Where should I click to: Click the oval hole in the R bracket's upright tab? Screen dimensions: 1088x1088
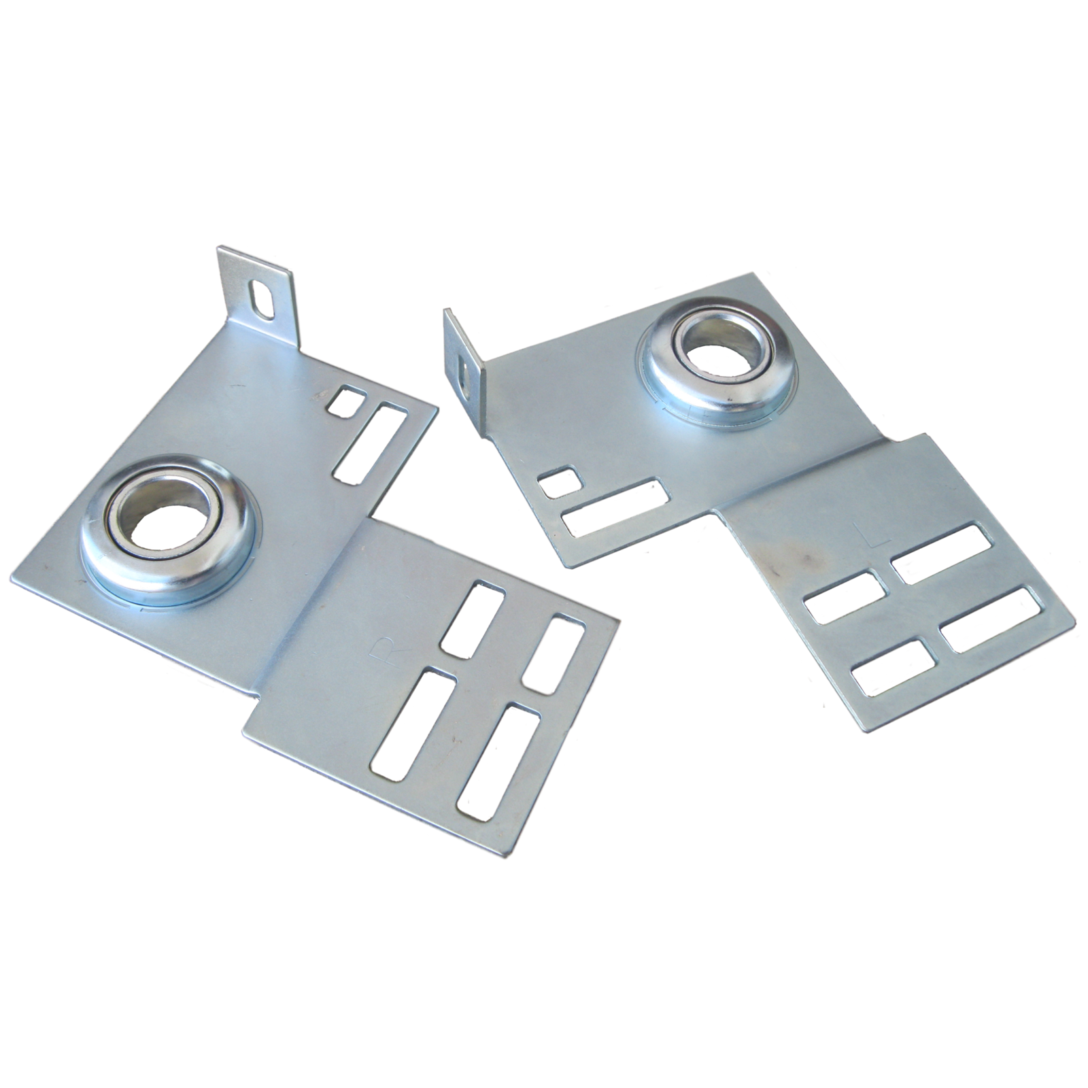pos(261,300)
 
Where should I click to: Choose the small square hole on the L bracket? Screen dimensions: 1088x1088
pos(560,481)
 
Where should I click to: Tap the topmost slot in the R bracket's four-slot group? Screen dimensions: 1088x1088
pos(473,619)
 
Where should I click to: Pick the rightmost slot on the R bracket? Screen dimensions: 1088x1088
pos(555,653)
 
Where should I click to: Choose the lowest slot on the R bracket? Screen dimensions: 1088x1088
pos(498,762)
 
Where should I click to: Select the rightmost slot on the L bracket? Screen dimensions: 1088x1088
pos(991,619)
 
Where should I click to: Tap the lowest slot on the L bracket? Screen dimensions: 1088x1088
pos(893,666)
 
